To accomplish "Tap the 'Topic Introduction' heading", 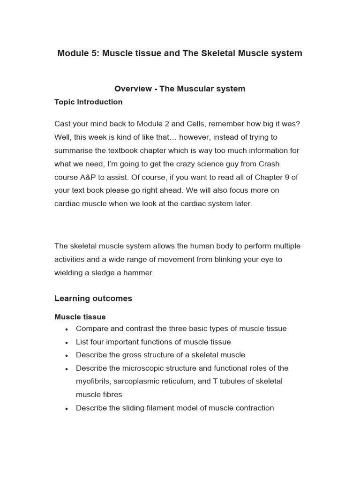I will (88, 102).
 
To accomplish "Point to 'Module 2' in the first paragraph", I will (151, 124).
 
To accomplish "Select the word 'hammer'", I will (140, 273).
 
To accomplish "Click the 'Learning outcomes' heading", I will (93, 299).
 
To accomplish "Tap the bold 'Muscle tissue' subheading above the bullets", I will (80, 317).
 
